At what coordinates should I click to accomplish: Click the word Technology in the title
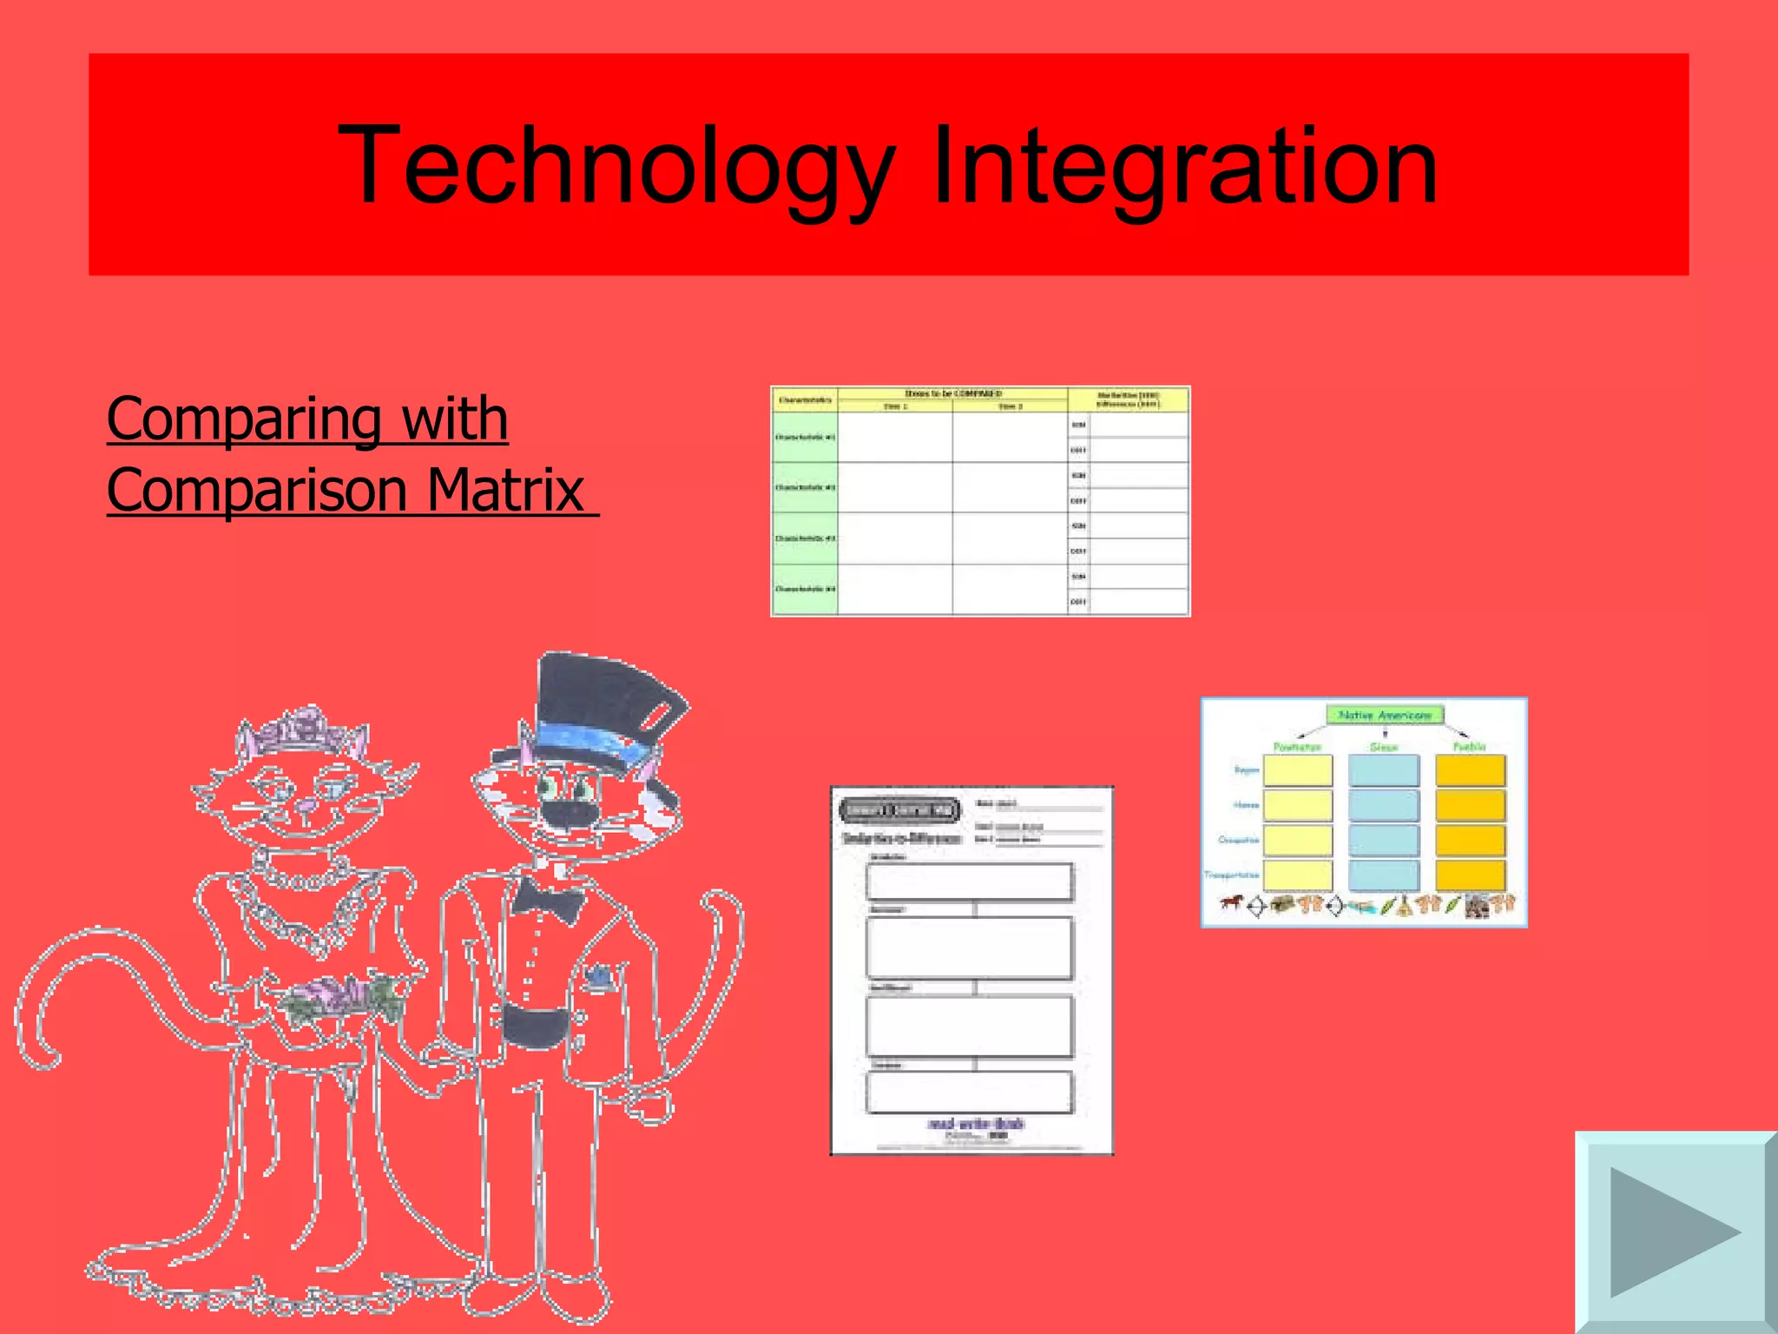pyautogui.click(x=616, y=167)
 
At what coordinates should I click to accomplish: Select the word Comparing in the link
pyautogui.click(x=244, y=419)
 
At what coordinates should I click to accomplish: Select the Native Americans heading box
pyautogui.click(x=1385, y=715)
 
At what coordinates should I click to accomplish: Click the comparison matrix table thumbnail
pyautogui.click(x=980, y=501)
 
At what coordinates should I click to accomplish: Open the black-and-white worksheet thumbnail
pyautogui.click(x=971, y=970)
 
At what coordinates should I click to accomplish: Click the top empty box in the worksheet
pyautogui.click(x=970, y=882)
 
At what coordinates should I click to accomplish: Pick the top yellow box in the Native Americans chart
pyautogui.click(x=1297, y=770)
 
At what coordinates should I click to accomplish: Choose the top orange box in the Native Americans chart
pyautogui.click(x=1470, y=770)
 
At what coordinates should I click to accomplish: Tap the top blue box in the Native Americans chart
pyautogui.click(x=1384, y=770)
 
